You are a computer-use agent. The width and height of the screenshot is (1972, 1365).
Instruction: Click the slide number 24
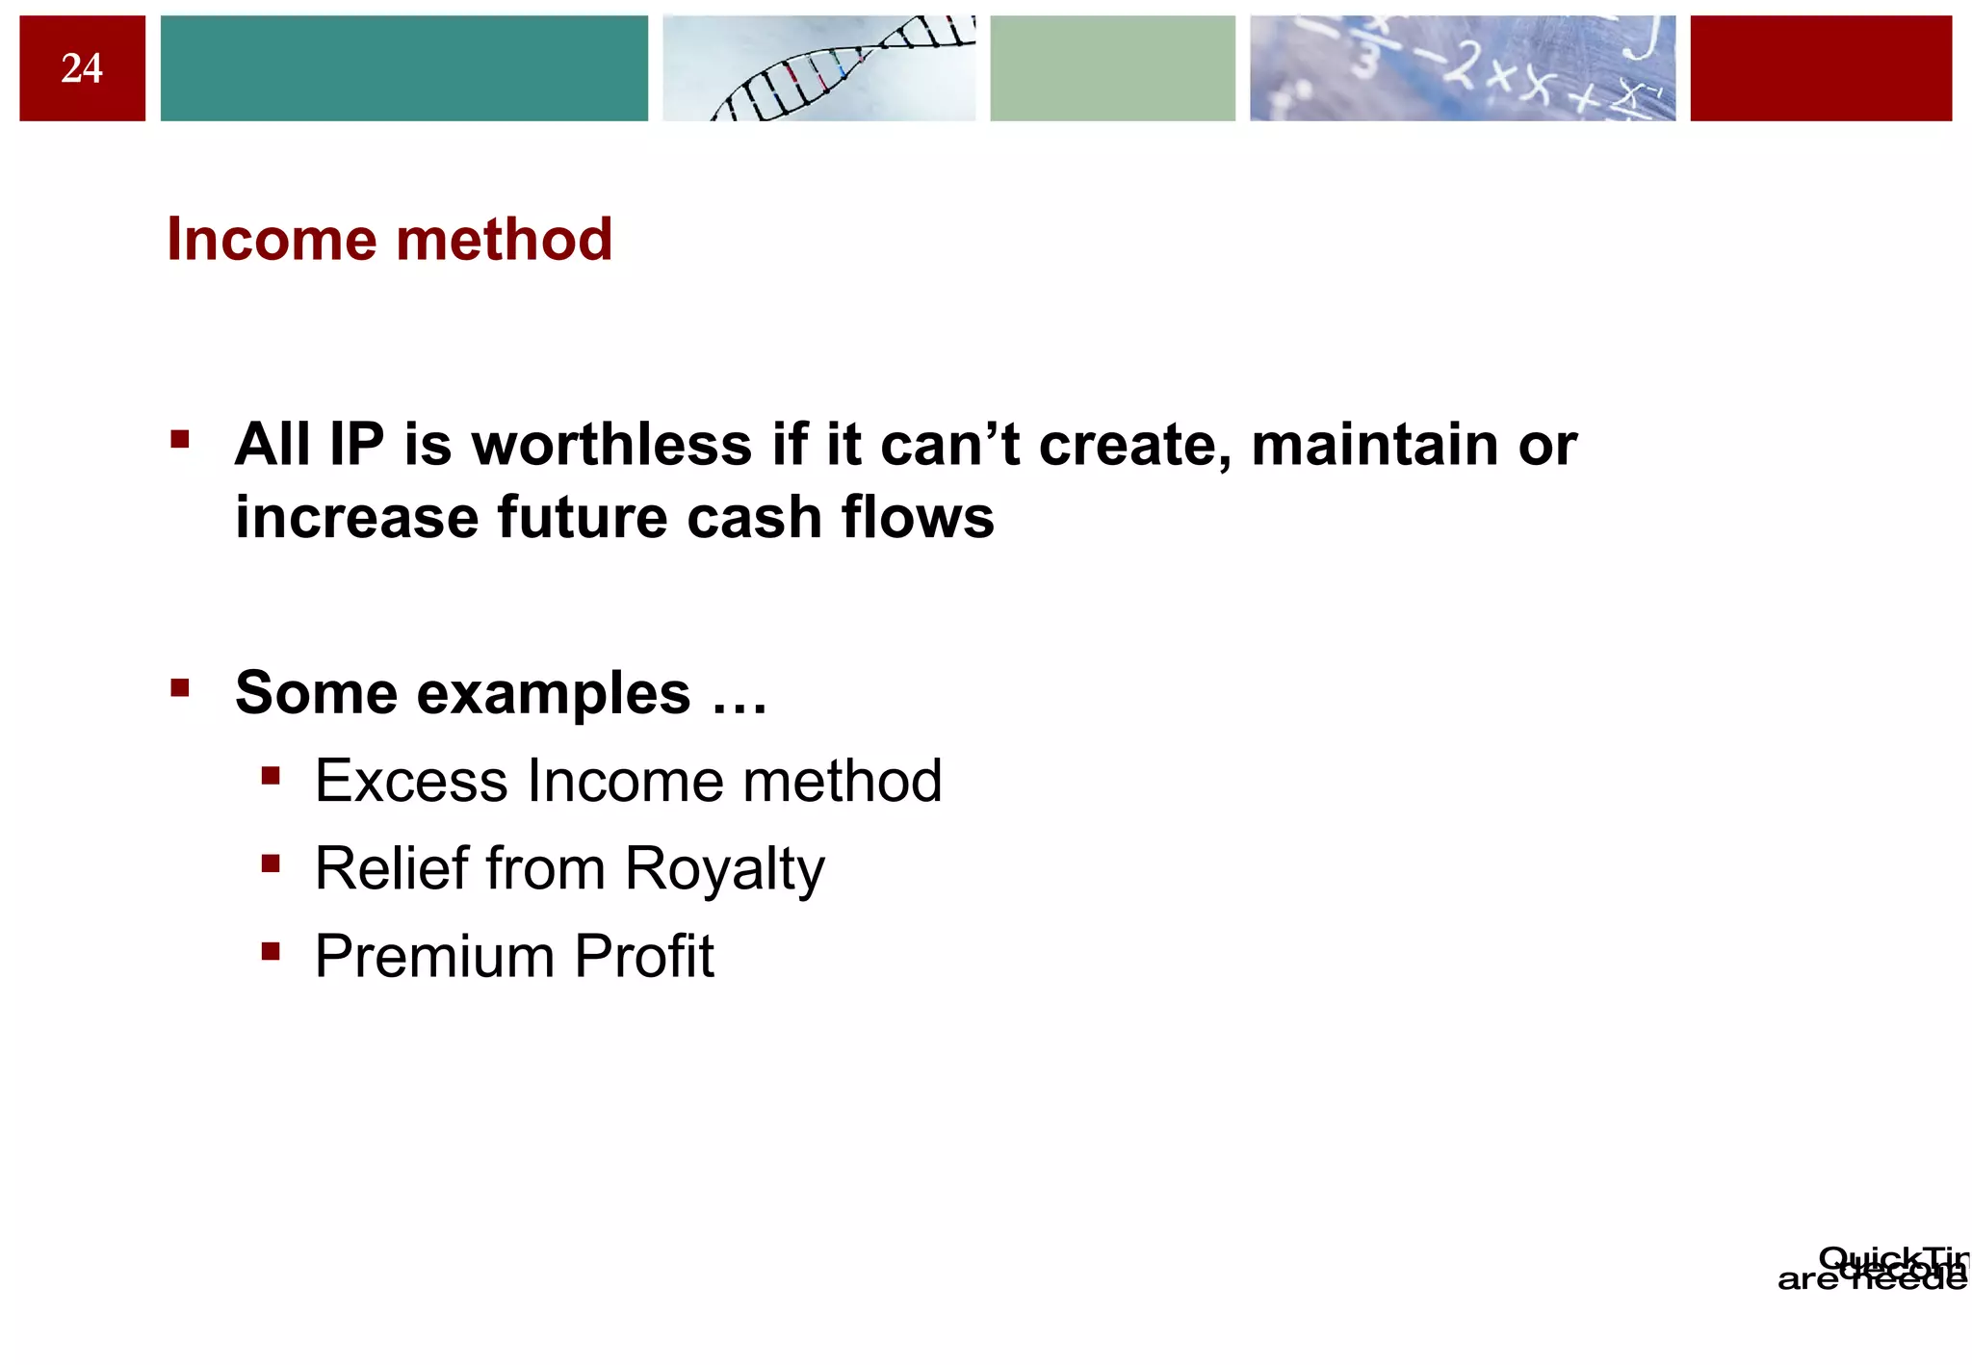click(x=82, y=68)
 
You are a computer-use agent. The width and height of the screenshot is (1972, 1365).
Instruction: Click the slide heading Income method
click(x=390, y=239)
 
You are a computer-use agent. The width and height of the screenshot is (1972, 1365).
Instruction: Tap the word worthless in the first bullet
click(x=611, y=445)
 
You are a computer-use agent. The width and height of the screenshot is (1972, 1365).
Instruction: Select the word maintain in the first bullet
click(x=1375, y=445)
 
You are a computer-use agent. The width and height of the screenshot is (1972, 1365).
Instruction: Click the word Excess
click(x=410, y=781)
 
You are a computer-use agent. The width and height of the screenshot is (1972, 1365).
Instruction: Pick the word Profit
click(x=644, y=957)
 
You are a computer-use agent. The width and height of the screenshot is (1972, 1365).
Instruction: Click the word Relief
click(x=391, y=868)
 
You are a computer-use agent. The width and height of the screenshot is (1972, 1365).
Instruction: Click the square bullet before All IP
click(x=180, y=441)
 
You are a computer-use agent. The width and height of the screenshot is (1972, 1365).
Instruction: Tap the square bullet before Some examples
click(x=180, y=688)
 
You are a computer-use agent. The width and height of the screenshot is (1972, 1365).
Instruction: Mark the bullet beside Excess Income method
click(x=271, y=776)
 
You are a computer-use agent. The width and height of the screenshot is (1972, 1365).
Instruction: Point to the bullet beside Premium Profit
click(x=271, y=952)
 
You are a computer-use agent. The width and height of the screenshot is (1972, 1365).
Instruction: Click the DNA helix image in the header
click(x=818, y=68)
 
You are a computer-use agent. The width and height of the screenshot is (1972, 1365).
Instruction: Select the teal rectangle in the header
click(x=403, y=68)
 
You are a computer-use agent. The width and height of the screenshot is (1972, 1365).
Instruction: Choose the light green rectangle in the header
click(x=1112, y=68)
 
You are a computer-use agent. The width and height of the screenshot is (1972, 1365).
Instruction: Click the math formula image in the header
click(x=1462, y=68)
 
